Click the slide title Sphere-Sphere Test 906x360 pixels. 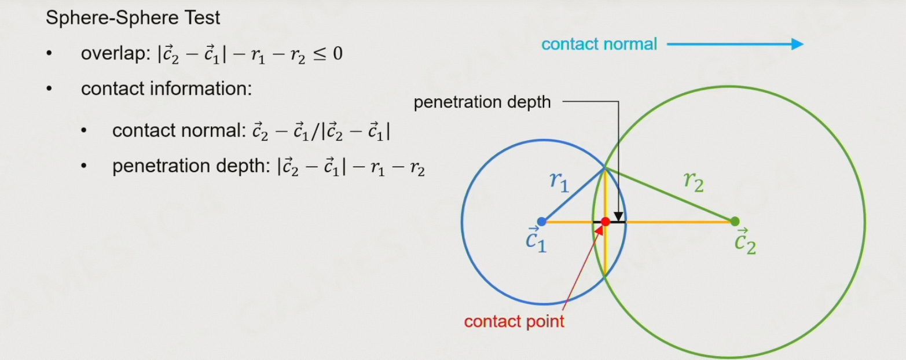pos(133,18)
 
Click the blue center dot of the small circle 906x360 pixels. pos(542,221)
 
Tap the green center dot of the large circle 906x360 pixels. pos(735,221)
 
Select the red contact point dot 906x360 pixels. pos(606,221)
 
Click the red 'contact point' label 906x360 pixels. pos(514,321)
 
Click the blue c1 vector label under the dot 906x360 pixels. pos(535,241)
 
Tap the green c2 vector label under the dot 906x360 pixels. pos(744,242)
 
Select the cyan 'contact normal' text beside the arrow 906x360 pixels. pos(599,44)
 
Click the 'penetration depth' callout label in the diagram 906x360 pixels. pos(482,102)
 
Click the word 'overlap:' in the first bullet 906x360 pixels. pos(114,54)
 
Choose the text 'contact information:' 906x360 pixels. pos(166,90)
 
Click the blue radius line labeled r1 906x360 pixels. pos(573,194)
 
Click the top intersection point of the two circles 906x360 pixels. pos(605,167)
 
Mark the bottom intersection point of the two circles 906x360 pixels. pos(605,275)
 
